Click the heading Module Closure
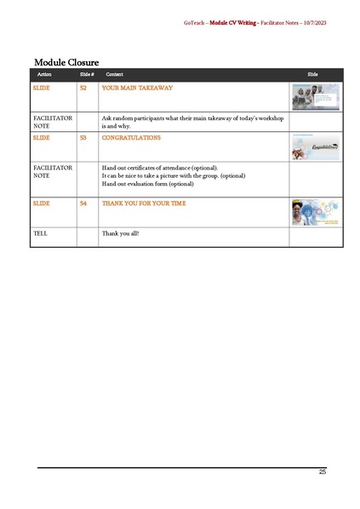(x=66, y=62)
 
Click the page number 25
(x=322, y=472)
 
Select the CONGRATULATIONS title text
(x=131, y=137)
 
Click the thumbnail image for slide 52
(x=316, y=96)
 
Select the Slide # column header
(x=85, y=75)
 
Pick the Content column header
(x=114, y=75)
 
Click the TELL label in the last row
(x=40, y=232)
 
